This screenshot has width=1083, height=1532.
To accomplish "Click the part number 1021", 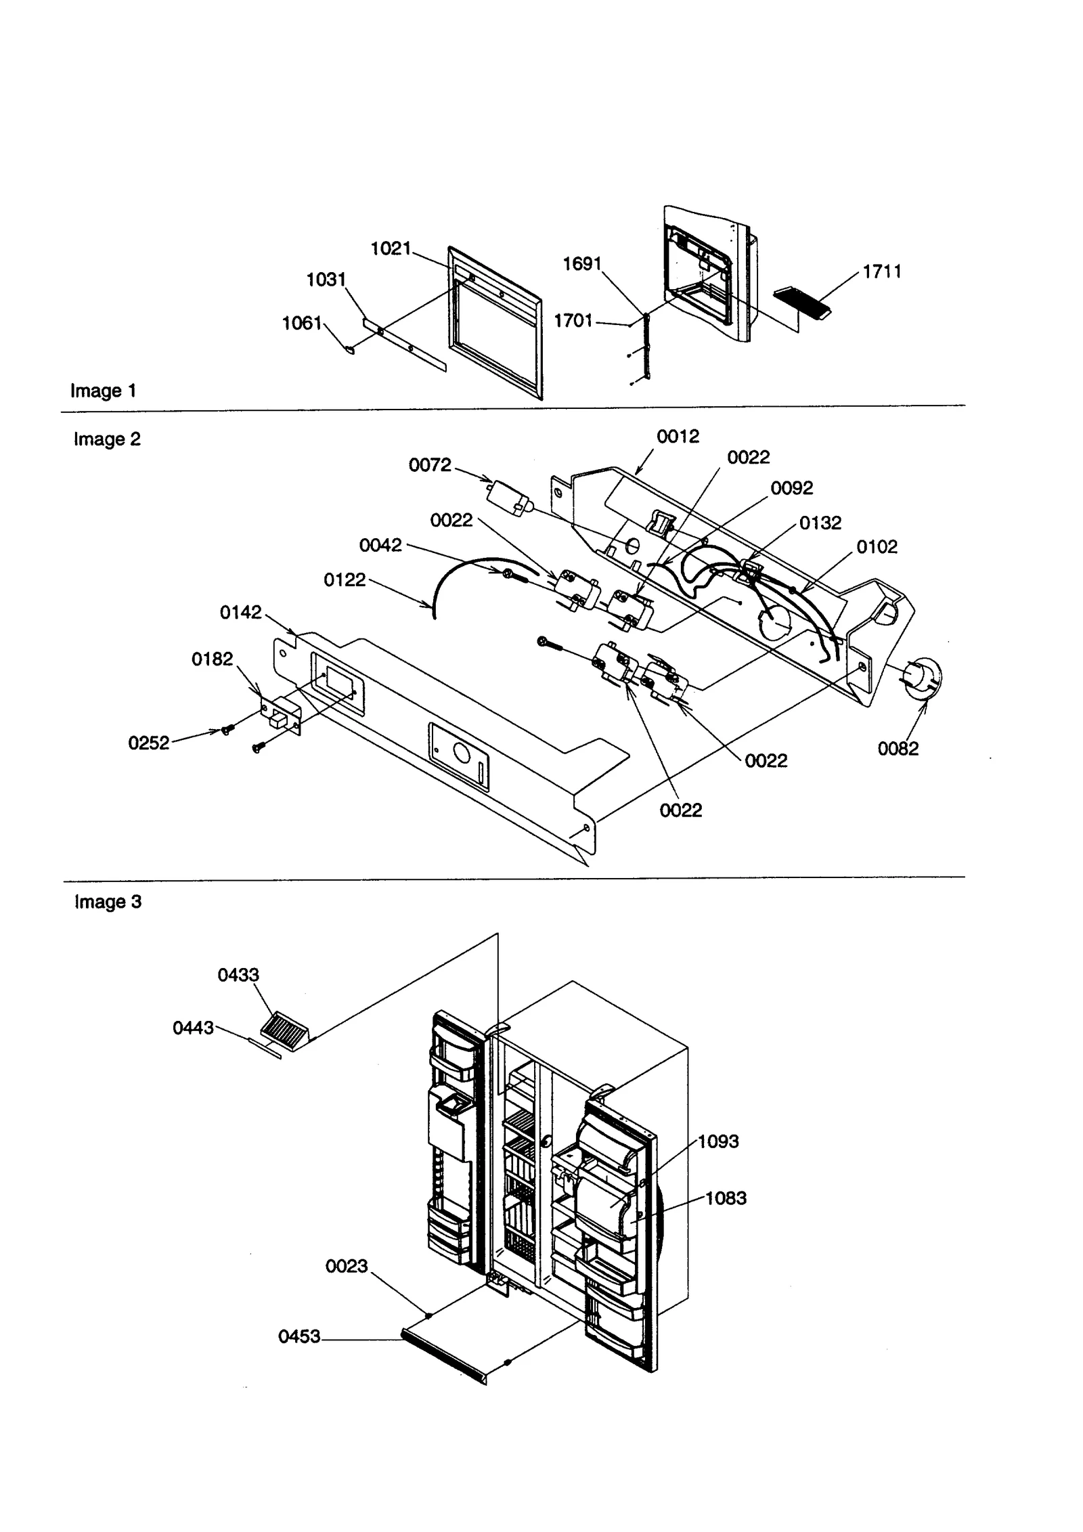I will [x=391, y=248].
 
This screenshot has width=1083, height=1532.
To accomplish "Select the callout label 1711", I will [x=881, y=271].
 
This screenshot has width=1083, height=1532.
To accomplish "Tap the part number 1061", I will [x=301, y=324].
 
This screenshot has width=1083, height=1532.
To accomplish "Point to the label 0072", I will [x=429, y=465].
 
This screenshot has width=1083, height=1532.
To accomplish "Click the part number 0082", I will [x=898, y=749].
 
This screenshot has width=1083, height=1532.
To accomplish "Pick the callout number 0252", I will [x=148, y=743].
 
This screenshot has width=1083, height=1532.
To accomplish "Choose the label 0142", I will [x=240, y=613].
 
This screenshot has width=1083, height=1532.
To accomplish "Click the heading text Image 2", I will [x=107, y=439].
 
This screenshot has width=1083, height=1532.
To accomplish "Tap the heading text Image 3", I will [x=108, y=902].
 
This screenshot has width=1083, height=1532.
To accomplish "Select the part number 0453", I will [x=299, y=1336].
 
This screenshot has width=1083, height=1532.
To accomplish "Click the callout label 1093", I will [x=718, y=1141].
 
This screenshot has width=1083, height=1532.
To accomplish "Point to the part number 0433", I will [x=238, y=975].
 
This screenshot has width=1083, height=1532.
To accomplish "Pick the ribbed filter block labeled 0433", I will [x=282, y=1032].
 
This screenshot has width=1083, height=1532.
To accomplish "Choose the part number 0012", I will [x=678, y=437].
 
